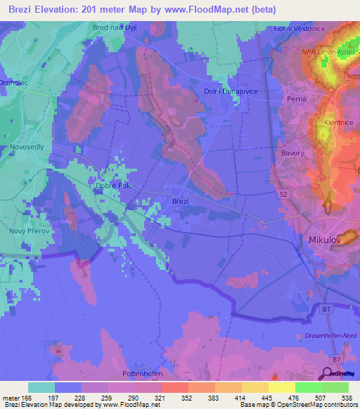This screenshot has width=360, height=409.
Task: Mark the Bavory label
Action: [x=292, y=152]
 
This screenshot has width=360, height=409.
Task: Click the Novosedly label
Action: [x=27, y=146]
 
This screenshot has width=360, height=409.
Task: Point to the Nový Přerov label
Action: [x=27, y=231]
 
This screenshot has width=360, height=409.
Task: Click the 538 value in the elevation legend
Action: [x=347, y=398]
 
